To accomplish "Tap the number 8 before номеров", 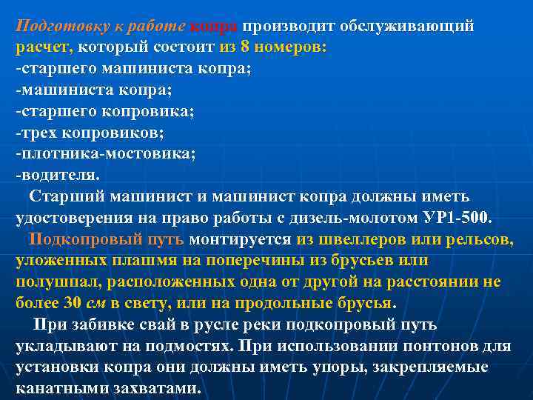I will click(x=245, y=48).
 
